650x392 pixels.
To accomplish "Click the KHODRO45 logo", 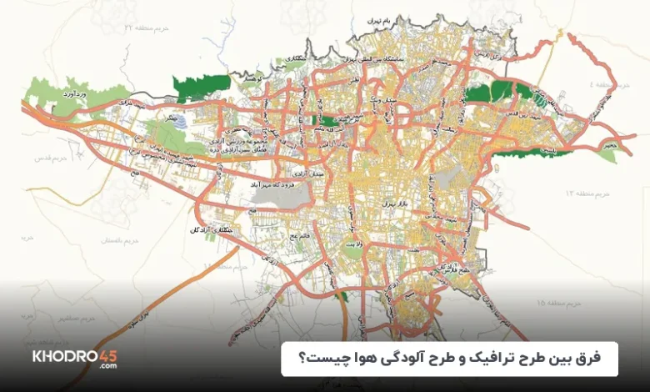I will [74, 359].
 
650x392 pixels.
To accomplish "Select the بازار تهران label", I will [389, 203].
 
